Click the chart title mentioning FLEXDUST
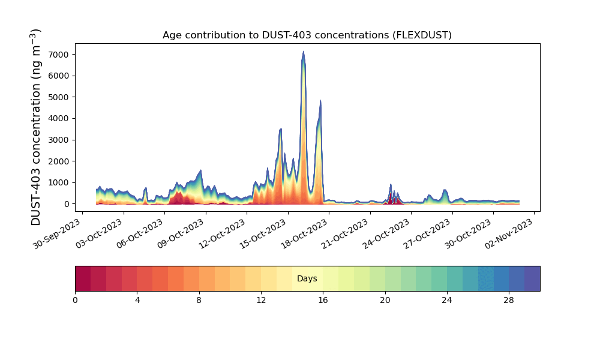pyautogui.click(x=307, y=35)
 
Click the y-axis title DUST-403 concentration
pyautogui.click(x=35, y=127)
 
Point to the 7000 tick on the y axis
pyautogui.click(x=59, y=55)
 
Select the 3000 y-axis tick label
pyautogui.click(x=59, y=140)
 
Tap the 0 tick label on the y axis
pyautogui.click(x=67, y=204)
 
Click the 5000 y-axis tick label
pyautogui.click(x=59, y=97)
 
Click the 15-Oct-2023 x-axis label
pyautogui.click(x=263, y=233)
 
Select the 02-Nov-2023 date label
pyautogui.click(x=509, y=233)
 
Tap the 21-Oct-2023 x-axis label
pyautogui.click(x=345, y=233)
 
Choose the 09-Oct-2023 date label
pyautogui.click(x=181, y=233)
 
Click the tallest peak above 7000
pyautogui.click(x=304, y=52)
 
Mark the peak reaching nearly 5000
pyautogui.click(x=320, y=101)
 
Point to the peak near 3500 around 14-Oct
pyautogui.click(x=280, y=129)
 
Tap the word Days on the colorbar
pyautogui.click(x=307, y=278)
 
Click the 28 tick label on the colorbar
pyautogui.click(x=509, y=301)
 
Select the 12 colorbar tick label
pyautogui.click(x=261, y=301)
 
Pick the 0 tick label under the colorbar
pyautogui.click(x=75, y=301)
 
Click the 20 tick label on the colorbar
pyautogui.click(x=385, y=301)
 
